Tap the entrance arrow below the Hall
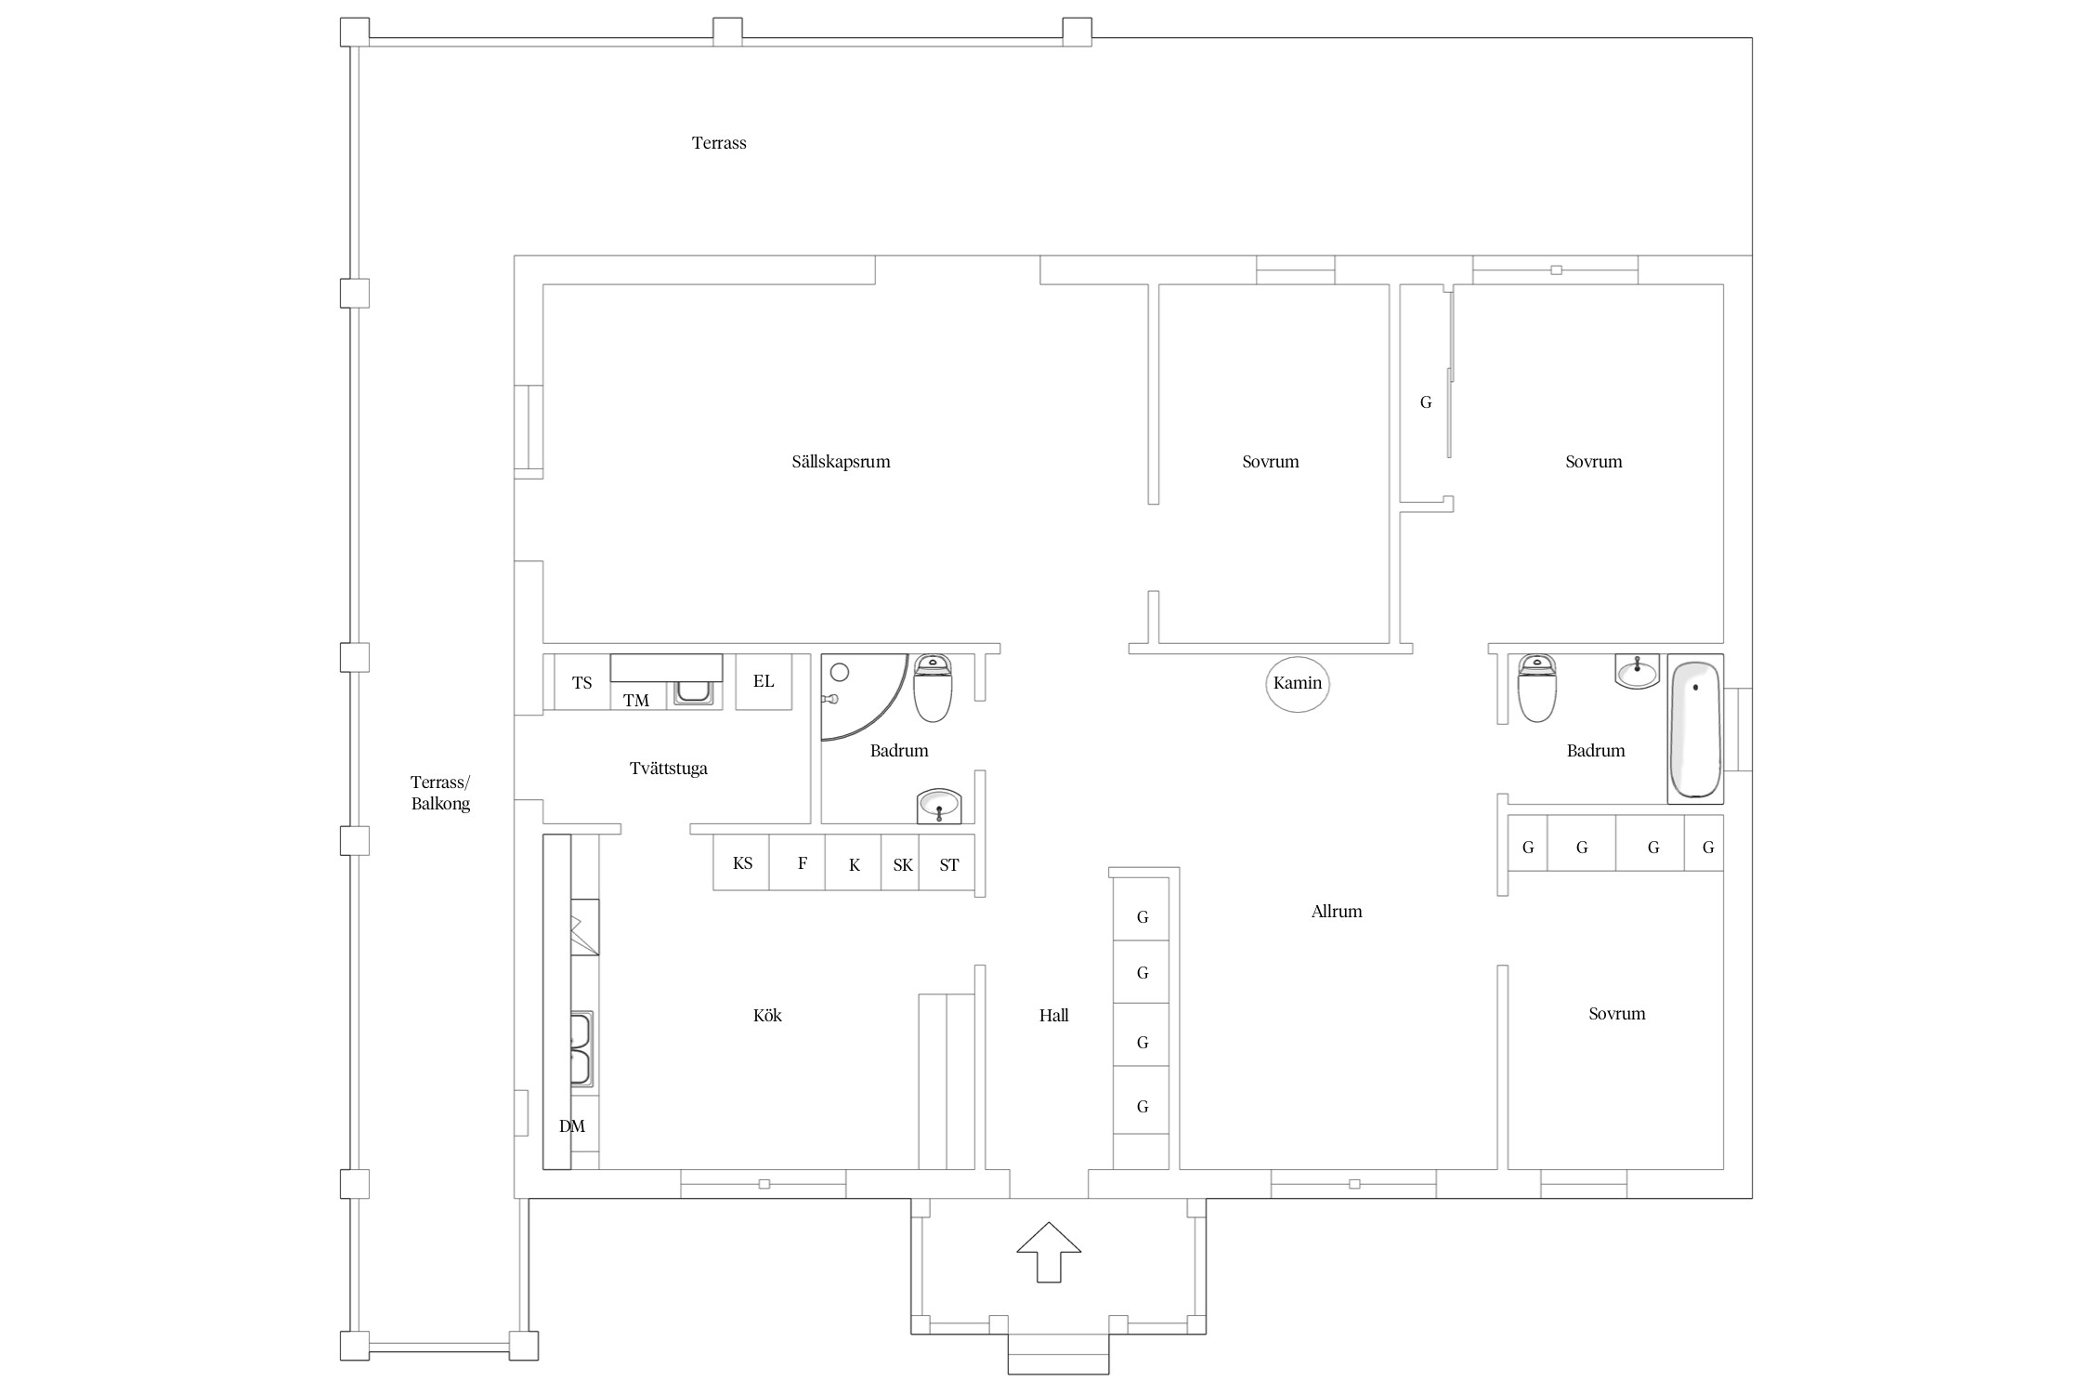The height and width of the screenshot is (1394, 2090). coord(1049,1252)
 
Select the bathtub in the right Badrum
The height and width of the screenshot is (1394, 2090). coord(1695,730)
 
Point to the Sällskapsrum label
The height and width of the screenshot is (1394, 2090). coord(841,462)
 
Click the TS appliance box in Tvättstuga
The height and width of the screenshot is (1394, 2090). coord(581,682)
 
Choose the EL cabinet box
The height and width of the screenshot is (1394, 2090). coord(764,681)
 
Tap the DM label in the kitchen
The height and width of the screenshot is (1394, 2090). coord(572,1126)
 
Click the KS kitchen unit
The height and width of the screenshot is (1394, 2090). coord(741,862)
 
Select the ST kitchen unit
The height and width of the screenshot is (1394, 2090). coord(947,864)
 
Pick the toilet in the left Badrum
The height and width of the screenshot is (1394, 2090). coord(933,688)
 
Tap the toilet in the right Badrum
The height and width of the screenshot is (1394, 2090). coord(1536,688)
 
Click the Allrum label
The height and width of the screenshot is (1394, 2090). coord(1337,912)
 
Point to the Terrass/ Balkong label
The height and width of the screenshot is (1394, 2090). coord(440,793)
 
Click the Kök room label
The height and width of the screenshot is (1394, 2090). coord(767,1016)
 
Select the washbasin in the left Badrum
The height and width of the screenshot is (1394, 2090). coord(939,805)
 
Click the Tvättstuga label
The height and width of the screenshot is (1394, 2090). coord(669,769)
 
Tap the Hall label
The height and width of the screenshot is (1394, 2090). coord(1054,1016)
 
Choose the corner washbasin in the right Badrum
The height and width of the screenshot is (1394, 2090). coord(1637,671)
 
